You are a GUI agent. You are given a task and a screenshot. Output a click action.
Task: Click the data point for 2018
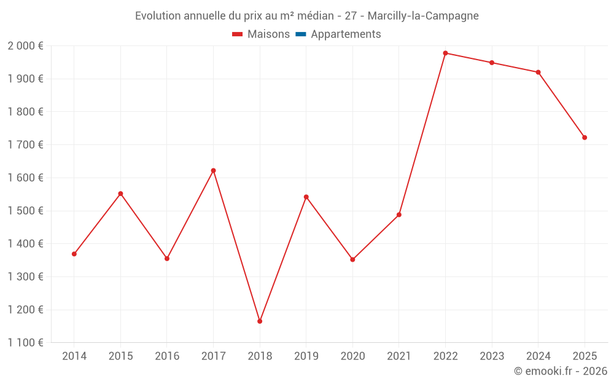coord(260,321)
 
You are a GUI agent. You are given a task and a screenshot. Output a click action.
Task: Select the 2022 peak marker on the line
coord(445,53)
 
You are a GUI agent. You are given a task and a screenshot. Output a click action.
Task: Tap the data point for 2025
coord(585,138)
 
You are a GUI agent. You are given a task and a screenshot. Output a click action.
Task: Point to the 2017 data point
coord(213,170)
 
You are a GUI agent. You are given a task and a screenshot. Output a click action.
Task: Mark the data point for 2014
coord(74,254)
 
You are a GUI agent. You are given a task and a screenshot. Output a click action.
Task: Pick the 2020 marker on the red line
coord(352,259)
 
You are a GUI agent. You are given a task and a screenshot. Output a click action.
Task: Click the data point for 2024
coord(538,72)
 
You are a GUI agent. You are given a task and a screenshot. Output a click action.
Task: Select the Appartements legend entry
coord(346,34)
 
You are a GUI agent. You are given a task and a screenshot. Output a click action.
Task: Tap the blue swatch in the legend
coord(301,34)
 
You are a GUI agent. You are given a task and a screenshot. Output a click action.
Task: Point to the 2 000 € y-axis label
coord(25,46)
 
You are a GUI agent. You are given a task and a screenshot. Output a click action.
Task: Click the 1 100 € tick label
coord(25,343)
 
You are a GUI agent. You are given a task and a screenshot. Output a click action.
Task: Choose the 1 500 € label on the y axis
coord(25,211)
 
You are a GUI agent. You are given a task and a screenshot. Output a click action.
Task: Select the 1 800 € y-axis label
coord(25,112)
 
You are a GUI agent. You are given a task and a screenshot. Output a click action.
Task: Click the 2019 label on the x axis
coord(306,356)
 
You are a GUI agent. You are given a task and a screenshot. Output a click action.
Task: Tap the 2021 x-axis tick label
coord(398,356)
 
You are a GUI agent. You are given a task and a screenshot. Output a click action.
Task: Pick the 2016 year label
coord(167,356)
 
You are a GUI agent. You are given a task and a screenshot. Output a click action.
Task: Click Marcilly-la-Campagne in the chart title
coord(423,16)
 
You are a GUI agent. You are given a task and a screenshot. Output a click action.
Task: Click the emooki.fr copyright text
coord(561,371)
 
